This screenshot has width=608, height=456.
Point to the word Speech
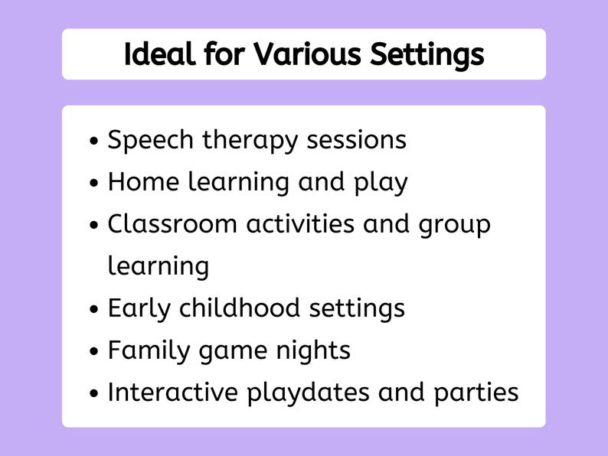(x=152, y=141)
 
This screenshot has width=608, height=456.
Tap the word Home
(x=139, y=183)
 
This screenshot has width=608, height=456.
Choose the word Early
(x=139, y=308)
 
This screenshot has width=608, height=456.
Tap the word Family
(x=145, y=350)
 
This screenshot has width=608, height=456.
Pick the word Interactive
(x=173, y=392)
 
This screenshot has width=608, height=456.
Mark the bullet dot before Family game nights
(x=94, y=352)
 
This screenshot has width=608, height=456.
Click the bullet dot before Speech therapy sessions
(x=94, y=142)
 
